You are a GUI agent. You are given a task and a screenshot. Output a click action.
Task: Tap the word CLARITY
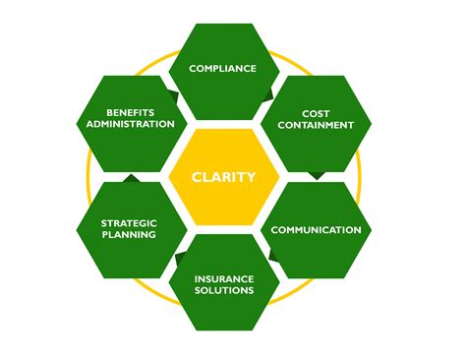225,178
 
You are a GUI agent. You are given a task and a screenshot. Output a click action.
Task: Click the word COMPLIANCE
222,69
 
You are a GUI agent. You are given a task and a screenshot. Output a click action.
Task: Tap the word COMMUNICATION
316,230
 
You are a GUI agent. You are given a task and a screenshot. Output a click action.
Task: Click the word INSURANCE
224,277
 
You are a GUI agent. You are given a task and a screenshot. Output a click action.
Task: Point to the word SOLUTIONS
224,291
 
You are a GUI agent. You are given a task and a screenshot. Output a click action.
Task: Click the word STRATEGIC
130,222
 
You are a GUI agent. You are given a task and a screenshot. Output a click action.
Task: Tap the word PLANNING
130,236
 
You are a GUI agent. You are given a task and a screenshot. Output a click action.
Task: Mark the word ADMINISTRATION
130,125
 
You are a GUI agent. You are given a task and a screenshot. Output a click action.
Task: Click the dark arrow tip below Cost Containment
317,176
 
